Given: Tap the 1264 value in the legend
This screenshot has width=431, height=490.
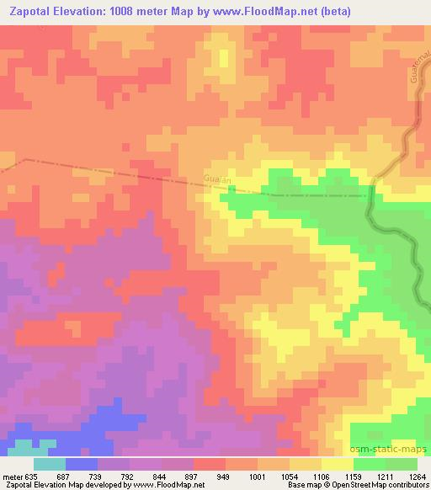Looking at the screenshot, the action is tap(417, 476).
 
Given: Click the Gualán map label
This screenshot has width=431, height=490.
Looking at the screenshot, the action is tap(217, 179).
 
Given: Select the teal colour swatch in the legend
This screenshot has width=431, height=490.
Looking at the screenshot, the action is tap(49, 464).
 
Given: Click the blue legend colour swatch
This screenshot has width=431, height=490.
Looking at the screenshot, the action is tap(81, 464).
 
